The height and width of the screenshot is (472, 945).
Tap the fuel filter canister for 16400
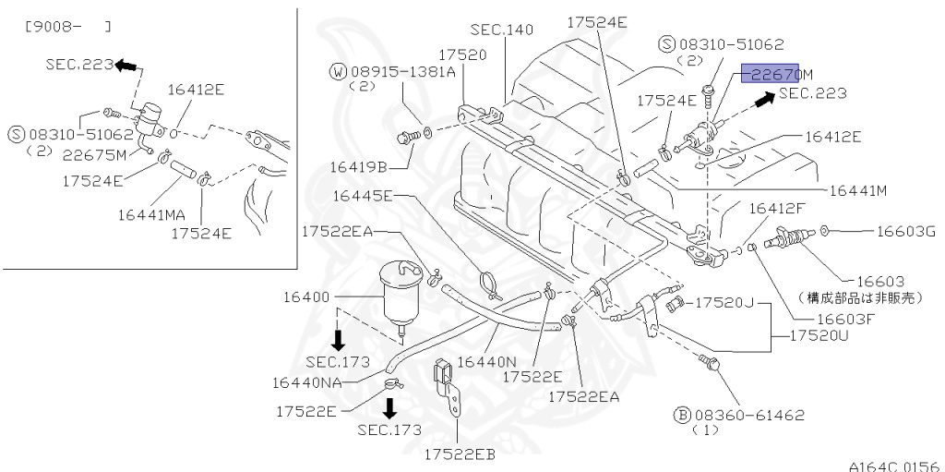coord(400,289)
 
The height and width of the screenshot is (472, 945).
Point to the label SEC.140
coord(501,30)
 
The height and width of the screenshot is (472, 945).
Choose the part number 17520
coord(462,54)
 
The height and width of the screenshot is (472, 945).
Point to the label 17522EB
coord(459,454)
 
